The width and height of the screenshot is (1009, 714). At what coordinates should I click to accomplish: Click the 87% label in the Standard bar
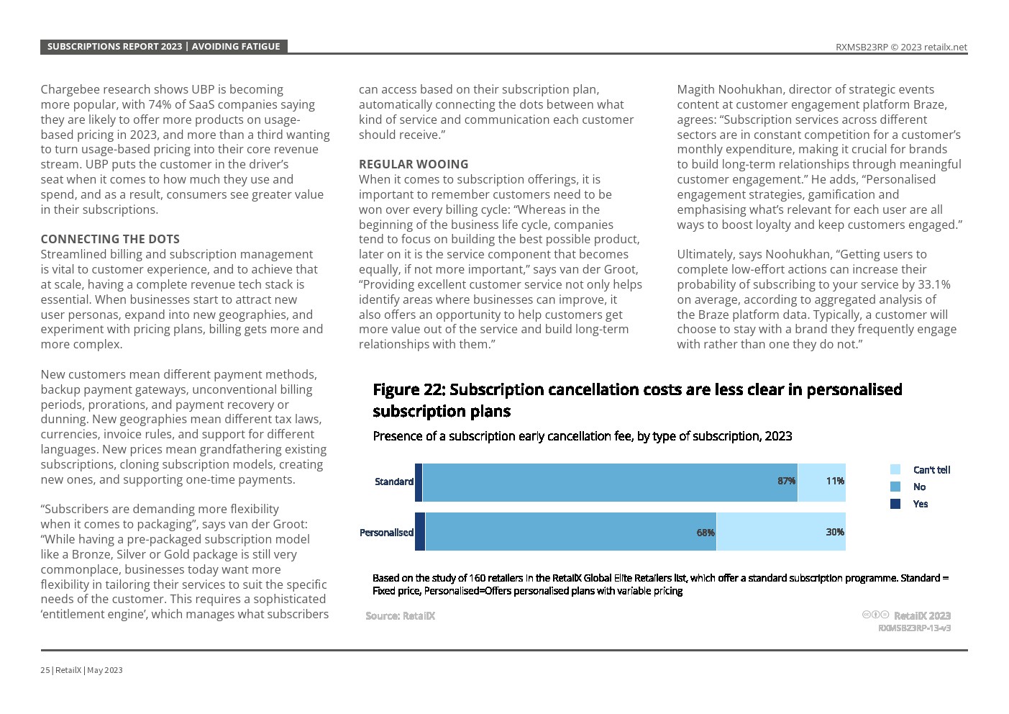(786, 481)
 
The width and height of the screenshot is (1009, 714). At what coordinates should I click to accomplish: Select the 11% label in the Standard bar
(835, 481)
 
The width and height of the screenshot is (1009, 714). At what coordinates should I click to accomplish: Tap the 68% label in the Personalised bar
(706, 533)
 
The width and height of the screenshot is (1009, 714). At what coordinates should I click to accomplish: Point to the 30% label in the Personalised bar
(835, 532)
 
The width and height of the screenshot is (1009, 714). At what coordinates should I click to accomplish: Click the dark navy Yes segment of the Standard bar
(419, 482)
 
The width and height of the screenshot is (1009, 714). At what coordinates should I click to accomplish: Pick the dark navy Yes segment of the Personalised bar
(420, 532)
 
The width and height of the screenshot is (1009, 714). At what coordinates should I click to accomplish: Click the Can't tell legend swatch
(895, 469)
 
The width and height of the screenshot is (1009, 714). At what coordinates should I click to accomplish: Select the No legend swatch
(895, 487)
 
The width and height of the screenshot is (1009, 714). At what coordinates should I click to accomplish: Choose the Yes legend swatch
(895, 504)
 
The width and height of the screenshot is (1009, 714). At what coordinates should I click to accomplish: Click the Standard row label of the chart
(393, 482)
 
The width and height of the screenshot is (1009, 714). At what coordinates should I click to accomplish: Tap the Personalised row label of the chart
(386, 533)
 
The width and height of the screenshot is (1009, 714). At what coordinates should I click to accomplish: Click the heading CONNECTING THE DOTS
(110, 239)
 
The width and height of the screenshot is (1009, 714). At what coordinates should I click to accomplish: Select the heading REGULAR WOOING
(414, 164)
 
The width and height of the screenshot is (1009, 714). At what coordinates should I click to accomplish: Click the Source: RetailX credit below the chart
(400, 615)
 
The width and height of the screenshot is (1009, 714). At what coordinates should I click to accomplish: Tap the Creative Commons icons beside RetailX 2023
(875, 615)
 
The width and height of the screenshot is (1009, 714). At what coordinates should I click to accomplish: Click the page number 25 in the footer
(45, 670)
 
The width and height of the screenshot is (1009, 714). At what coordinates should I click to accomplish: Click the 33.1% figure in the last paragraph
(933, 284)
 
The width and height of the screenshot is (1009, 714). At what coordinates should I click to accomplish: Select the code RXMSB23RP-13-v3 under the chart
(914, 628)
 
